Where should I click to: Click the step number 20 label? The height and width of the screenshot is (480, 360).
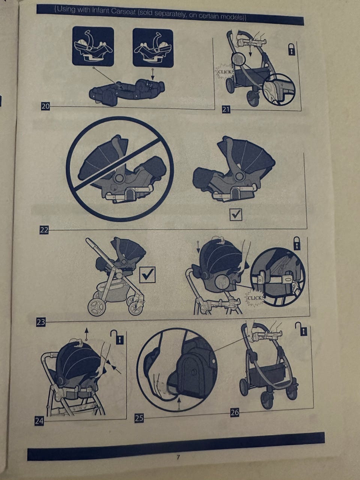(x=45, y=106)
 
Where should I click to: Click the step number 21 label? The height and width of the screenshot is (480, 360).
(x=226, y=109)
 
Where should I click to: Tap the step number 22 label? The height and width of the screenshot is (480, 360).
(x=44, y=230)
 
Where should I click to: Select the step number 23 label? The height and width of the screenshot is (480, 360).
(x=41, y=322)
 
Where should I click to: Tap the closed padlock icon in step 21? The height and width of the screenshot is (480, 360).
(x=291, y=49)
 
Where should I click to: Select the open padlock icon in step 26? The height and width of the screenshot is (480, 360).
(x=301, y=328)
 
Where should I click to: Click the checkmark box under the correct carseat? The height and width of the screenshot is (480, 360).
(x=236, y=214)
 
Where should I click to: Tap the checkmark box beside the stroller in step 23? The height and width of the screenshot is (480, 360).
(x=147, y=274)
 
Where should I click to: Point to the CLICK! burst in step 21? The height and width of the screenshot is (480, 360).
(x=224, y=72)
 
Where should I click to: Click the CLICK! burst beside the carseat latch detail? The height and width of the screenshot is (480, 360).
(x=255, y=298)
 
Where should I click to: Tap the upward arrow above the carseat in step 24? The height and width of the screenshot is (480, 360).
(x=87, y=334)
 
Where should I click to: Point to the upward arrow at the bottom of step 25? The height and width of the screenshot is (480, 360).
(x=179, y=403)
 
